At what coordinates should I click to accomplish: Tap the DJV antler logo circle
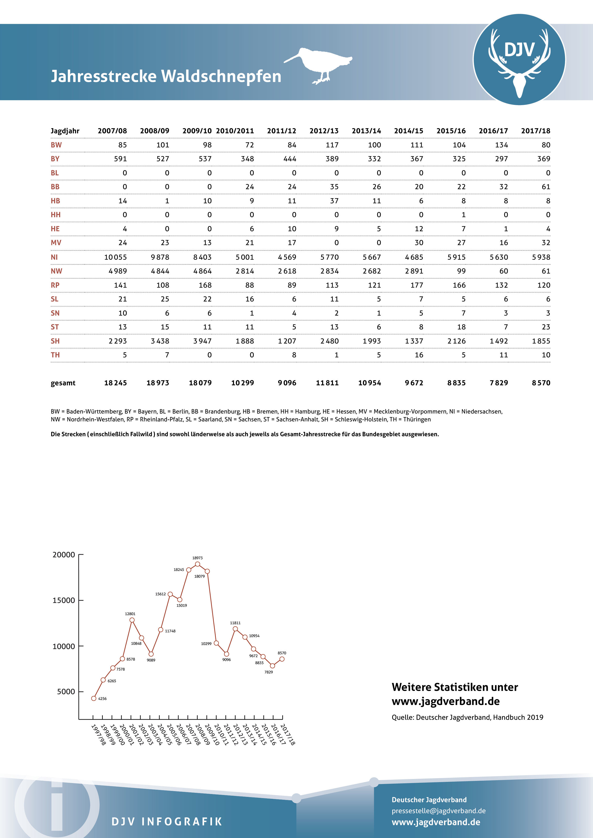click(519, 59)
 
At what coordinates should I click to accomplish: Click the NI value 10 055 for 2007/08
click(115, 257)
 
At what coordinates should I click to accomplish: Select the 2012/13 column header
click(324, 131)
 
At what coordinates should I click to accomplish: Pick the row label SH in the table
click(55, 341)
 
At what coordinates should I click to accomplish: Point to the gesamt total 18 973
click(158, 383)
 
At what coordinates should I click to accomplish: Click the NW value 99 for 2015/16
click(462, 271)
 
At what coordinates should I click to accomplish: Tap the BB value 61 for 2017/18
click(546, 187)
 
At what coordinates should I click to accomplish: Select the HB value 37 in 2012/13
click(334, 201)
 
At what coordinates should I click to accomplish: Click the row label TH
click(55, 355)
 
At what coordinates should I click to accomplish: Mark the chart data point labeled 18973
click(197, 564)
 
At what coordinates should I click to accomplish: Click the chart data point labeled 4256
click(94, 698)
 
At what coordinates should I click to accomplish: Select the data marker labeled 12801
click(132, 620)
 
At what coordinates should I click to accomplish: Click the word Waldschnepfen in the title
click(221, 76)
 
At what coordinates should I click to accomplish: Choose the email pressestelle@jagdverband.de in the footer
click(439, 811)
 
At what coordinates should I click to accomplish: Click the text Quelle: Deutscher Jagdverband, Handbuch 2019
click(467, 717)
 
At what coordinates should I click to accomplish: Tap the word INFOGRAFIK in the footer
click(182, 821)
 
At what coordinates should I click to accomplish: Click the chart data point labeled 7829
click(272, 666)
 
